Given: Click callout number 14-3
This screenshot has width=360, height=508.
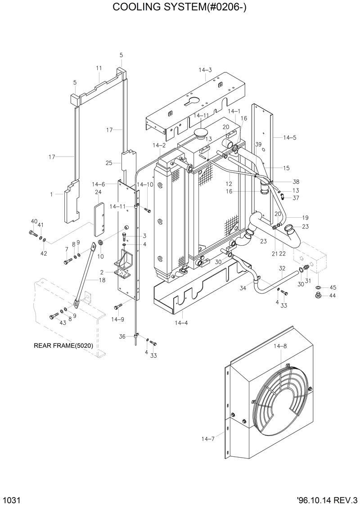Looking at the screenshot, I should click(x=205, y=70).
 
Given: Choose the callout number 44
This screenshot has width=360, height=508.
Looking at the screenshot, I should click(x=333, y=296).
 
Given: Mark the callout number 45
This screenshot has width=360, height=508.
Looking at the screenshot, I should click(x=333, y=287).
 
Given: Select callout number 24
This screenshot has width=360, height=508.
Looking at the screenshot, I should click(x=98, y=192).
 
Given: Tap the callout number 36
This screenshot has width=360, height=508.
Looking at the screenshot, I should click(x=122, y=336).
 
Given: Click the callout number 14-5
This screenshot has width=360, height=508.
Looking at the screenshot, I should click(x=290, y=137).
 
